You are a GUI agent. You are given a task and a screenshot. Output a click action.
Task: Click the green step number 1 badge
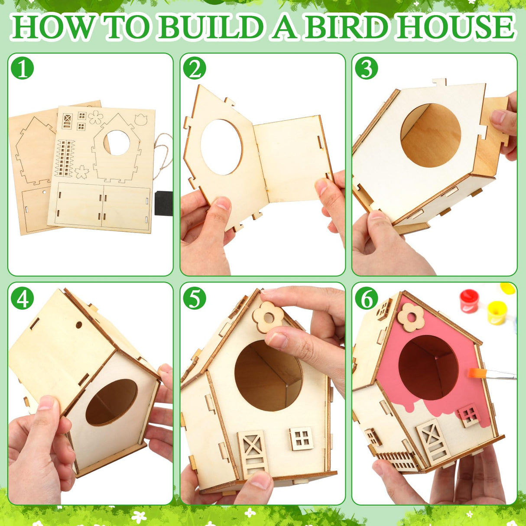point(23,68)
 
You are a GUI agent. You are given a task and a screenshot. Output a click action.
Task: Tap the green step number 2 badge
point(195,68)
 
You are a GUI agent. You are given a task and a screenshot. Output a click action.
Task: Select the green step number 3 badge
point(367,68)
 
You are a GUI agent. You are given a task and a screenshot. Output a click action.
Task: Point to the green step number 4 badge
point(23,298)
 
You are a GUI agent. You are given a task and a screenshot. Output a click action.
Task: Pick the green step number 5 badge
point(195,298)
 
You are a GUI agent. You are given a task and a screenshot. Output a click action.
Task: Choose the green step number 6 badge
point(367,298)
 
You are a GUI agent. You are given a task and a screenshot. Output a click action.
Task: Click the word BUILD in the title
point(211,27)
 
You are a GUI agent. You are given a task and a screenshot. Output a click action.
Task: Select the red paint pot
point(469,301)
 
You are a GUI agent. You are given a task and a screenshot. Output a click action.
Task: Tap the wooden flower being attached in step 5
point(268,317)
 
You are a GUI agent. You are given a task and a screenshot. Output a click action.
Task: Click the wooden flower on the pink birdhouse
point(410,317)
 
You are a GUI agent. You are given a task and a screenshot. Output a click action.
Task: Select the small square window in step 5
point(302,438)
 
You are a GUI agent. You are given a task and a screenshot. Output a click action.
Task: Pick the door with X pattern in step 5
point(253,453)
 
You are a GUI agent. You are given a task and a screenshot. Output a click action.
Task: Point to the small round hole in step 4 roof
point(79,324)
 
